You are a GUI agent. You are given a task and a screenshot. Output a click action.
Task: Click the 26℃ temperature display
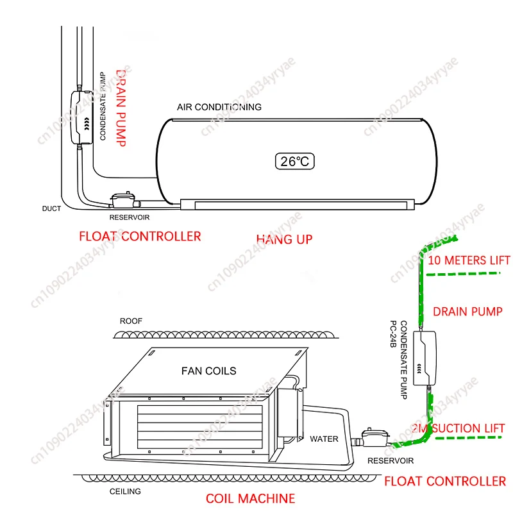[295, 161]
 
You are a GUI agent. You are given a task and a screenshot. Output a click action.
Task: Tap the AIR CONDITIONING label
[219, 107]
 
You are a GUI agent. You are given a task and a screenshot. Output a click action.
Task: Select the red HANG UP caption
[284, 239]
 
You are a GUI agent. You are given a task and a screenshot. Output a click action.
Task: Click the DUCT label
[51, 209]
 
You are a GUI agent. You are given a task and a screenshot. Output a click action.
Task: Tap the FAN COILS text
[208, 371]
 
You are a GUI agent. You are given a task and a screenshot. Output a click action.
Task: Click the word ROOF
[131, 321]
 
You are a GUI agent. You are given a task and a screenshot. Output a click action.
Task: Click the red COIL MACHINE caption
[250, 498]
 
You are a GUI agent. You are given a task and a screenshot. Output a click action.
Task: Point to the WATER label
[324, 439]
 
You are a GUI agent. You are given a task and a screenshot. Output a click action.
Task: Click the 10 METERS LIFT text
[469, 260]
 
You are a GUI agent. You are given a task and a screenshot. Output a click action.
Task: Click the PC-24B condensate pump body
[426, 358]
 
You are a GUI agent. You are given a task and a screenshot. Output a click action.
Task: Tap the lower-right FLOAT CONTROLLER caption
[444, 481]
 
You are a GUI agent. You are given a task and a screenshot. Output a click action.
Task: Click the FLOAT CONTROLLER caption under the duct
[140, 237]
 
